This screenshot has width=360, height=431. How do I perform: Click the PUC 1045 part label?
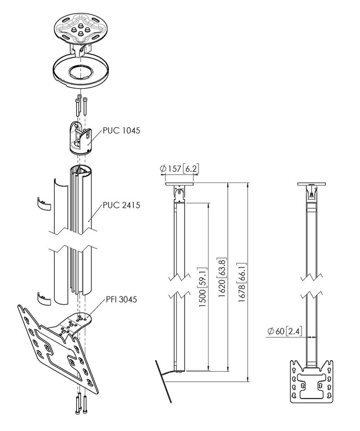click(x=121, y=130)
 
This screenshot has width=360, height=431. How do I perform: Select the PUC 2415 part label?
click(x=121, y=205)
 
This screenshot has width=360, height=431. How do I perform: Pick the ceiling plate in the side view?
click(x=180, y=183)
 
